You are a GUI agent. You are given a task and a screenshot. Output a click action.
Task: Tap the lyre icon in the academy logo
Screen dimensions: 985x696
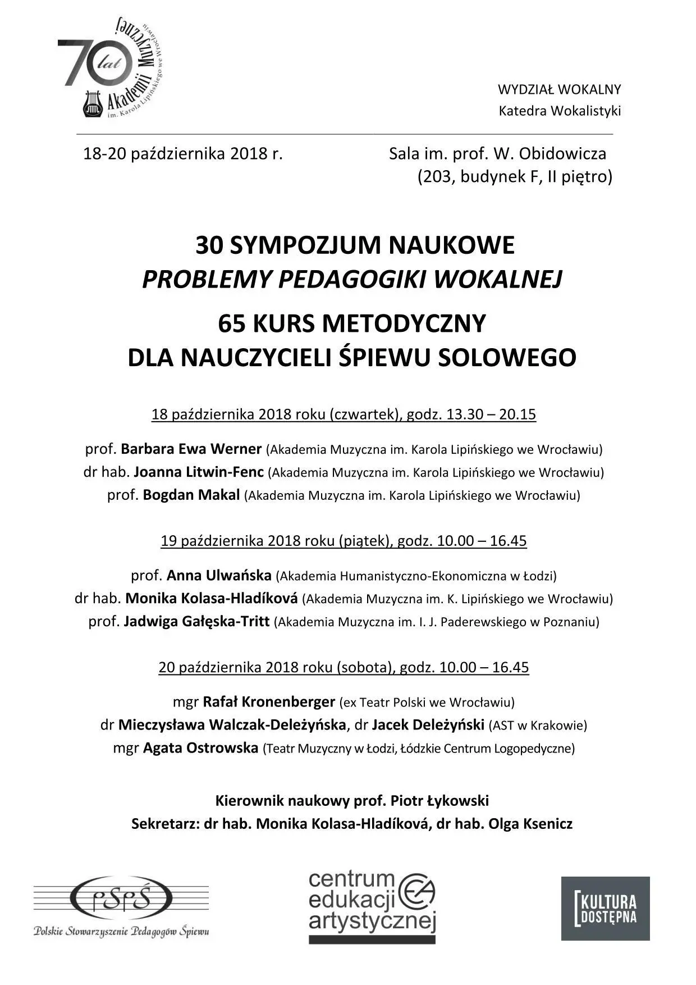pos(93,104)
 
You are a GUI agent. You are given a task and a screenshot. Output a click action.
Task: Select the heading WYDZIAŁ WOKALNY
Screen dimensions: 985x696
pos(559,89)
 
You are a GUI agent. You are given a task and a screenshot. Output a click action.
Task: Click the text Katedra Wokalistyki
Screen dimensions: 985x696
pos(560,111)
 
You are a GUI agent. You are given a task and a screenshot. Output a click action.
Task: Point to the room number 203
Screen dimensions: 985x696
pos(438,177)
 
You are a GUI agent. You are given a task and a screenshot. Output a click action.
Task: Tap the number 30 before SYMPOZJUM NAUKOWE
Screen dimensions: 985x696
pos(209,245)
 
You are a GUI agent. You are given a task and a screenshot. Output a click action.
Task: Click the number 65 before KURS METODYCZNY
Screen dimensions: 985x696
pos(232,323)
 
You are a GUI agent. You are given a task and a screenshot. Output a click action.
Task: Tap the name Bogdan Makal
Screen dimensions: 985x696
pos(191,495)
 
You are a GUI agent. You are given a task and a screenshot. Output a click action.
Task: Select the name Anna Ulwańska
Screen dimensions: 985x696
pos(219,576)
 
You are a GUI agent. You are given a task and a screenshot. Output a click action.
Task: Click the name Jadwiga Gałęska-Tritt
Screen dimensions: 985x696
pos(196,622)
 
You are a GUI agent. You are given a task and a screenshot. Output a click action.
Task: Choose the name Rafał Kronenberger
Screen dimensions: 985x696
pos(268,702)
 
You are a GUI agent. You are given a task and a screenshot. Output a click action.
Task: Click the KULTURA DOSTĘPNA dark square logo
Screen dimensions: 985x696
pos(605,908)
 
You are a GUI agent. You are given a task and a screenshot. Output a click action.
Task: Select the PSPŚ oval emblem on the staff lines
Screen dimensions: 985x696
pos(121,898)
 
